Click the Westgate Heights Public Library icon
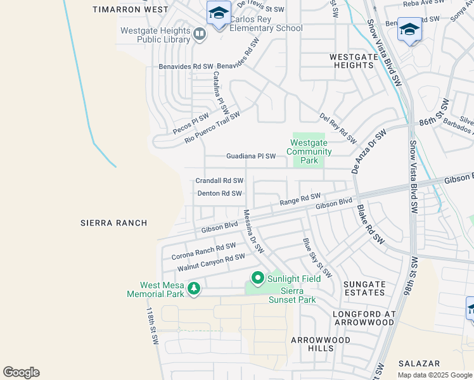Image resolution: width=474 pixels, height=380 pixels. (x=200, y=34)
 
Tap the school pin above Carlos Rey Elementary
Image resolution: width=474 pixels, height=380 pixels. (x=219, y=13)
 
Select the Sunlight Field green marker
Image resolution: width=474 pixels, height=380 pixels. (x=257, y=277)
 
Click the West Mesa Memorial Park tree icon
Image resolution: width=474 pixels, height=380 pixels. (x=193, y=289)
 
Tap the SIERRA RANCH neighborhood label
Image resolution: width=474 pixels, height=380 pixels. (x=114, y=223)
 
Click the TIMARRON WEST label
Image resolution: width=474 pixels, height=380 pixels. (x=131, y=9)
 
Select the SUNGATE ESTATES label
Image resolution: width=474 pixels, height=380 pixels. (x=364, y=289)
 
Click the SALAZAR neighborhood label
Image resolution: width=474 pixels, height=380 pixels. (x=419, y=364)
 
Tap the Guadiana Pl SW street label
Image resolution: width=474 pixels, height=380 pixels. (x=251, y=156)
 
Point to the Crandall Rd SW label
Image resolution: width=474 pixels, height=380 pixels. (x=219, y=180)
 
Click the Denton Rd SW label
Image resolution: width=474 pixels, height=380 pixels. (x=219, y=193)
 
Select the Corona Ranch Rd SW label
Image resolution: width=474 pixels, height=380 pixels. (x=203, y=251)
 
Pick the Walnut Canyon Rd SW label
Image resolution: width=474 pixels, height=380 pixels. (x=210, y=262)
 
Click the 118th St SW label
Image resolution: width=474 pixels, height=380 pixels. (x=152, y=327)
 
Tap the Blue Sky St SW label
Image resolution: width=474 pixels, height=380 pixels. (x=317, y=258)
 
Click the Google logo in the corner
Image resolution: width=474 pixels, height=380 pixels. (x=21, y=372)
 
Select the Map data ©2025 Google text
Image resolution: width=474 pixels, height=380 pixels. (x=434, y=375)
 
